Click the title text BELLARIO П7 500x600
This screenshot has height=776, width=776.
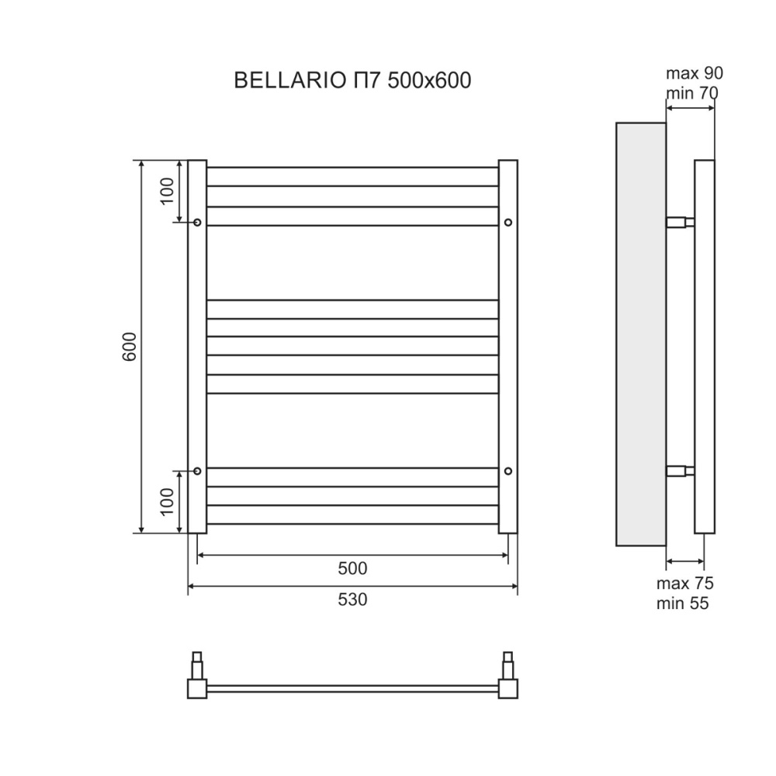pyautogui.click(x=352, y=81)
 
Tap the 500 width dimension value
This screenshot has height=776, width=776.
pyautogui.click(x=352, y=568)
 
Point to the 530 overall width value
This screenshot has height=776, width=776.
pyautogui.click(x=352, y=599)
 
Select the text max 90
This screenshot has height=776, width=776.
pyautogui.click(x=694, y=74)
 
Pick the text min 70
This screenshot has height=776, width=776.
pyautogui.click(x=691, y=93)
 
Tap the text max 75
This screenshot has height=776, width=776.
pyautogui.click(x=684, y=584)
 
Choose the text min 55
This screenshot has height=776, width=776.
pyautogui.click(x=683, y=603)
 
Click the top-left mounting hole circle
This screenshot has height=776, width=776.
pyautogui.click(x=197, y=223)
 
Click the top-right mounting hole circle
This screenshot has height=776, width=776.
pyautogui.click(x=508, y=223)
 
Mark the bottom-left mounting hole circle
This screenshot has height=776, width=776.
pyautogui.click(x=197, y=470)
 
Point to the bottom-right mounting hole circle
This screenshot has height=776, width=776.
pyautogui.click(x=508, y=470)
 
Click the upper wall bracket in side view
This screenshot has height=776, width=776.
pyautogui.click(x=681, y=222)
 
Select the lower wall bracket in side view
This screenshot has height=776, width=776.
pyautogui.click(x=681, y=470)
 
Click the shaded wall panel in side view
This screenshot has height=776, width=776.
pyautogui.click(x=640, y=334)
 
